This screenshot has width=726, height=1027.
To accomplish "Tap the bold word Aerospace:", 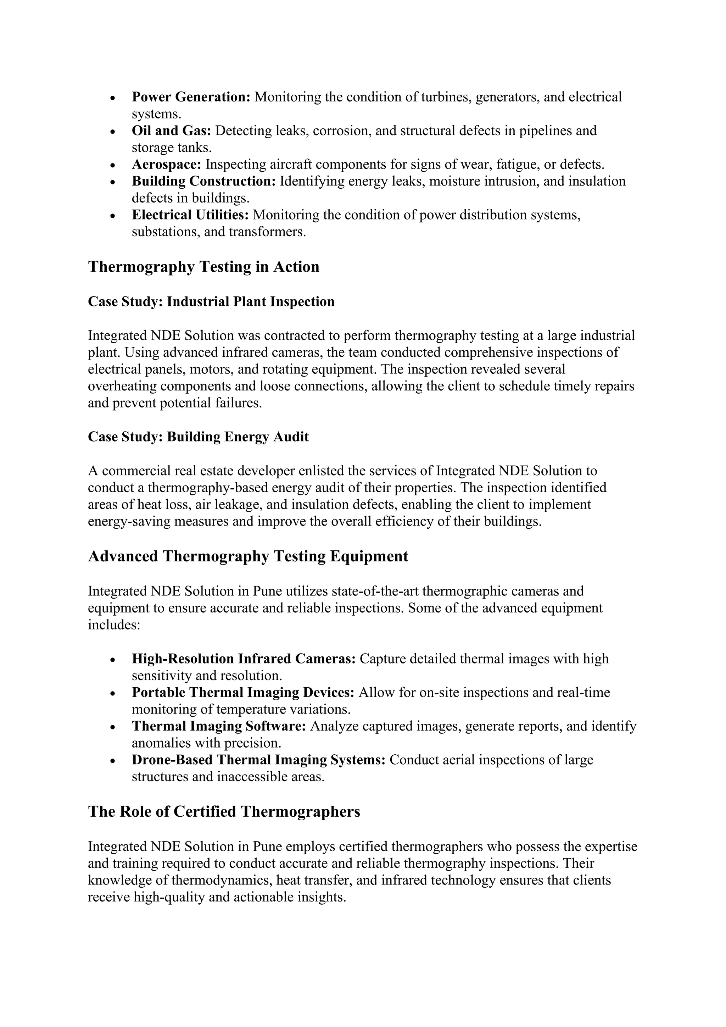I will (x=166, y=165).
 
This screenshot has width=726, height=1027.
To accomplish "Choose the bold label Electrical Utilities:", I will (x=190, y=215).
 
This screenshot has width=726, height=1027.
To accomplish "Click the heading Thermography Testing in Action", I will (x=203, y=267).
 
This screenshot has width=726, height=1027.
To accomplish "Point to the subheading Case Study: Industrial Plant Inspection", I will (x=211, y=301).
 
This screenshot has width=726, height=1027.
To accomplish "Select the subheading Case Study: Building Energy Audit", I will (x=198, y=437).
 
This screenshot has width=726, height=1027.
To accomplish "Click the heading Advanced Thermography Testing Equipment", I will (x=248, y=556).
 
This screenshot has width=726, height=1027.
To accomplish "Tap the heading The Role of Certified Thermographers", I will (x=224, y=812).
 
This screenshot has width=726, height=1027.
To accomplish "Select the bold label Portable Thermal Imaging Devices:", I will (x=243, y=693).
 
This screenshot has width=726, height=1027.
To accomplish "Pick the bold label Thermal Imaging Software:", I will (x=219, y=726).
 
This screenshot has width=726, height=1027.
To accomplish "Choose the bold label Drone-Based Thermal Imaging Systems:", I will (x=258, y=760).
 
